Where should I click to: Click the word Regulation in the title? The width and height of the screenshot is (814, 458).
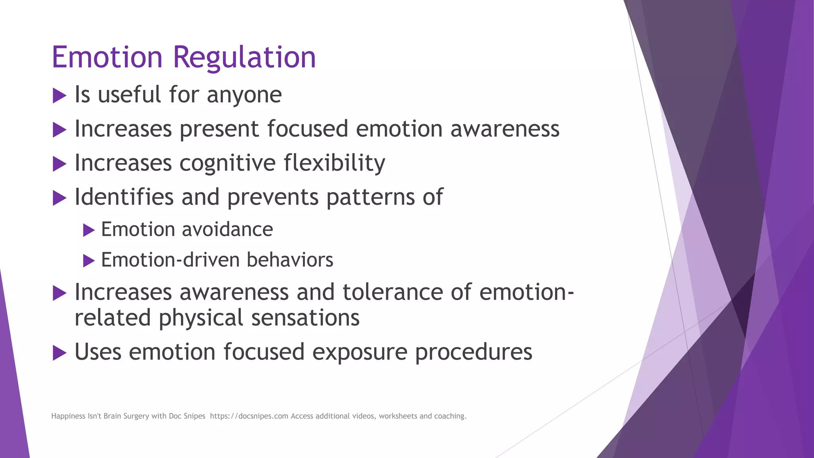(x=244, y=58)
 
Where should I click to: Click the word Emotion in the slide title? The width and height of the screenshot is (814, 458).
(x=107, y=58)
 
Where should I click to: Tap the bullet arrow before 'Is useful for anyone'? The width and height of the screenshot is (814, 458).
(x=59, y=96)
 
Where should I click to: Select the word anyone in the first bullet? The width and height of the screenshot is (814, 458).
(x=244, y=95)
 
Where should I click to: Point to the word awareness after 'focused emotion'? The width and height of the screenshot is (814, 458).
(x=505, y=129)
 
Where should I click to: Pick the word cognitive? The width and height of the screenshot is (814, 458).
(x=227, y=163)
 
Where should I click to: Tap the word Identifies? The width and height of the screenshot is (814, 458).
(x=124, y=197)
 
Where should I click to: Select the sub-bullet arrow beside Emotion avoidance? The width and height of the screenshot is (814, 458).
(x=89, y=230)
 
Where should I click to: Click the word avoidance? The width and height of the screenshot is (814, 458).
(x=228, y=230)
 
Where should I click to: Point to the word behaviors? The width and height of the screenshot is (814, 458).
(x=290, y=260)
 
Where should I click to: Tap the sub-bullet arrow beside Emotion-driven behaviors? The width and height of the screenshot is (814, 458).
(x=89, y=261)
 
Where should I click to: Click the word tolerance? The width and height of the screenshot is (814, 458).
(x=392, y=292)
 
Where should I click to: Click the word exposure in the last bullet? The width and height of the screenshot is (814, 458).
(x=360, y=353)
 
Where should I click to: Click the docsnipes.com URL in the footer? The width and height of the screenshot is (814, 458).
(x=249, y=416)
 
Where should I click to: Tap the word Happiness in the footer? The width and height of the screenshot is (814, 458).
(x=68, y=416)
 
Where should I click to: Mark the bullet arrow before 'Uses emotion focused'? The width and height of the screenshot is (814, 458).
(x=59, y=353)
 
